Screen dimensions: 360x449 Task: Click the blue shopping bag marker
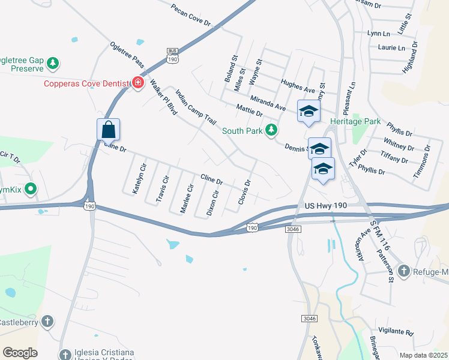coord(108,129)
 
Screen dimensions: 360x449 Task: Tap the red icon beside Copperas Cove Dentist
coord(137,83)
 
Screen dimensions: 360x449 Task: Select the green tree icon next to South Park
coord(271,130)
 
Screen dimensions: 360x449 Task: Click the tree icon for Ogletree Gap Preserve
coord(53,62)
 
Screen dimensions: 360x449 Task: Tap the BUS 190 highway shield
coord(172,56)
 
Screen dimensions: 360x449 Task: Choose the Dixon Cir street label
coord(212,203)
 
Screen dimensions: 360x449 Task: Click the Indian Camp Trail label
coord(195,107)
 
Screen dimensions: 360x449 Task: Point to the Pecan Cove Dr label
coord(192,16)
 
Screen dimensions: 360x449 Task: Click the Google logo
coord(20,352)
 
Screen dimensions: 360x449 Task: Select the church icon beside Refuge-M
coord(403,272)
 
